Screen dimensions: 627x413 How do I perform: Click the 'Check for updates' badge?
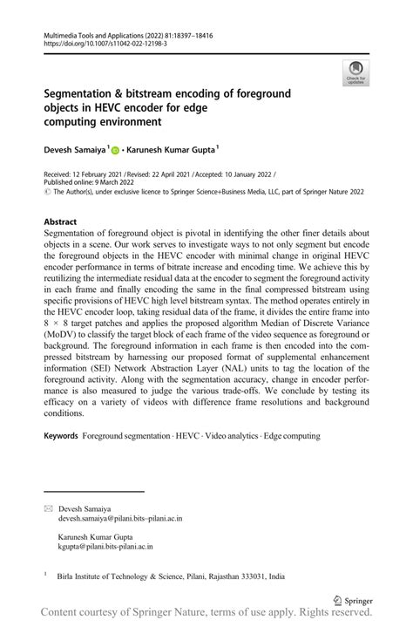coord(355,72)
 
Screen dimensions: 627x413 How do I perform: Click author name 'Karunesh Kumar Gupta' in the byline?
coord(171,150)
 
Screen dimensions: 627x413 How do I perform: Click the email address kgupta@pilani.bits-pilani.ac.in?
coord(105,548)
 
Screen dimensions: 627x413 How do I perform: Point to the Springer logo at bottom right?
coord(353,600)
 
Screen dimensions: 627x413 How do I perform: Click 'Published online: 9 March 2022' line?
coord(91,184)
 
